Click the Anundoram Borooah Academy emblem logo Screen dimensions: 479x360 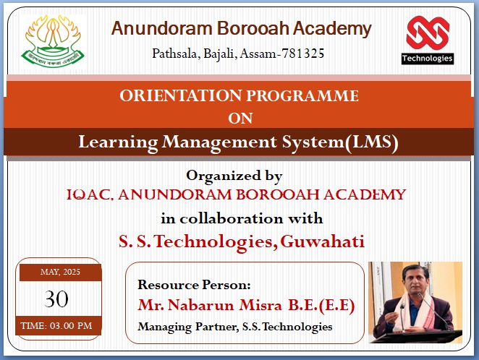(53, 41)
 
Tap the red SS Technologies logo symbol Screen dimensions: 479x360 (428, 33)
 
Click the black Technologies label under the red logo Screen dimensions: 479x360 (428, 59)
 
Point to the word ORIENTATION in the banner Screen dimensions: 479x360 (181, 95)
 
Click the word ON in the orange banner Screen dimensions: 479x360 (240, 119)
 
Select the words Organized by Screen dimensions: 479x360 (234, 176)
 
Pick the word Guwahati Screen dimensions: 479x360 (322, 241)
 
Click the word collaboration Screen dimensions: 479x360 (232, 218)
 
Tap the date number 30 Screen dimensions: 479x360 (56, 299)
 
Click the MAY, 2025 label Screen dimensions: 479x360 (60, 272)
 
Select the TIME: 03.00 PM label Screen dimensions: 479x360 (56, 325)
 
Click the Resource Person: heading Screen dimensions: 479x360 (194, 285)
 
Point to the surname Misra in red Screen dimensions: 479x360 (260, 305)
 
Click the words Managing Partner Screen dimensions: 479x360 (187, 327)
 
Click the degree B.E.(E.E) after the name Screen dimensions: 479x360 (321, 305)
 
